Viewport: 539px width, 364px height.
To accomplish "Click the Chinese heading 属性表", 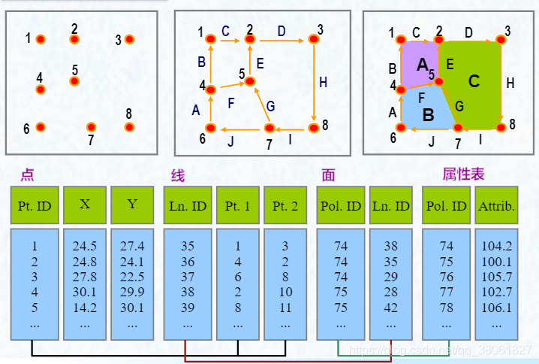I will (463, 174).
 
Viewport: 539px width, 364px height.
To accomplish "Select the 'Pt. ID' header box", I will (34, 205).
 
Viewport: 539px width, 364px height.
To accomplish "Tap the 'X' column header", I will (85, 205).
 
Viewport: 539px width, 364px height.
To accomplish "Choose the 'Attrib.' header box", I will (496, 205).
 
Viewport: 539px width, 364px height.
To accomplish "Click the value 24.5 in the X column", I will (85, 246).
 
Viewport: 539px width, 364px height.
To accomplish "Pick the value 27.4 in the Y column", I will (132, 246).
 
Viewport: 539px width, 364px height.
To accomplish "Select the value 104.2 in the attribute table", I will (496, 246).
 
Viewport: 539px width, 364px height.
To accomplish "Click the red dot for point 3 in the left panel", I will (129, 39).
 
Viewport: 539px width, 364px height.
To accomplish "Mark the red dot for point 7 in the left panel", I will (91, 127).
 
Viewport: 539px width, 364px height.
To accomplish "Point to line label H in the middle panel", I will (323, 83).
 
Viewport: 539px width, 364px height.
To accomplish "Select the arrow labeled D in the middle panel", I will (281, 38).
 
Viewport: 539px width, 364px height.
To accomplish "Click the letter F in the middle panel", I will (230, 102).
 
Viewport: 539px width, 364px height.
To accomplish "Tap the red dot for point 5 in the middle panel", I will (250, 80).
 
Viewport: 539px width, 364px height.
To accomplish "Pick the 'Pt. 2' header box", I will (285, 205).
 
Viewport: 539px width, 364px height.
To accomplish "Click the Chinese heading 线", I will (178, 175).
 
